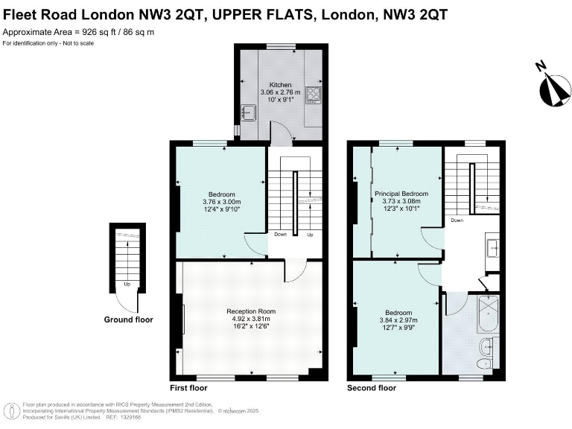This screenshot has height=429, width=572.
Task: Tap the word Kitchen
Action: point(281,85)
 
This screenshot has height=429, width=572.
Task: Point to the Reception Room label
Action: point(252,311)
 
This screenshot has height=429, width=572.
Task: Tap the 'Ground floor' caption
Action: point(128,320)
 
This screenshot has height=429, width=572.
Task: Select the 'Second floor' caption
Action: point(372,388)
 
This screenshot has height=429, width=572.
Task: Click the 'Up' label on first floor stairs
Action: point(311,235)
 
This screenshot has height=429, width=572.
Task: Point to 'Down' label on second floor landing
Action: point(457,220)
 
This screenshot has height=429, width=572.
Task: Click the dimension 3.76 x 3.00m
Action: point(221,202)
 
